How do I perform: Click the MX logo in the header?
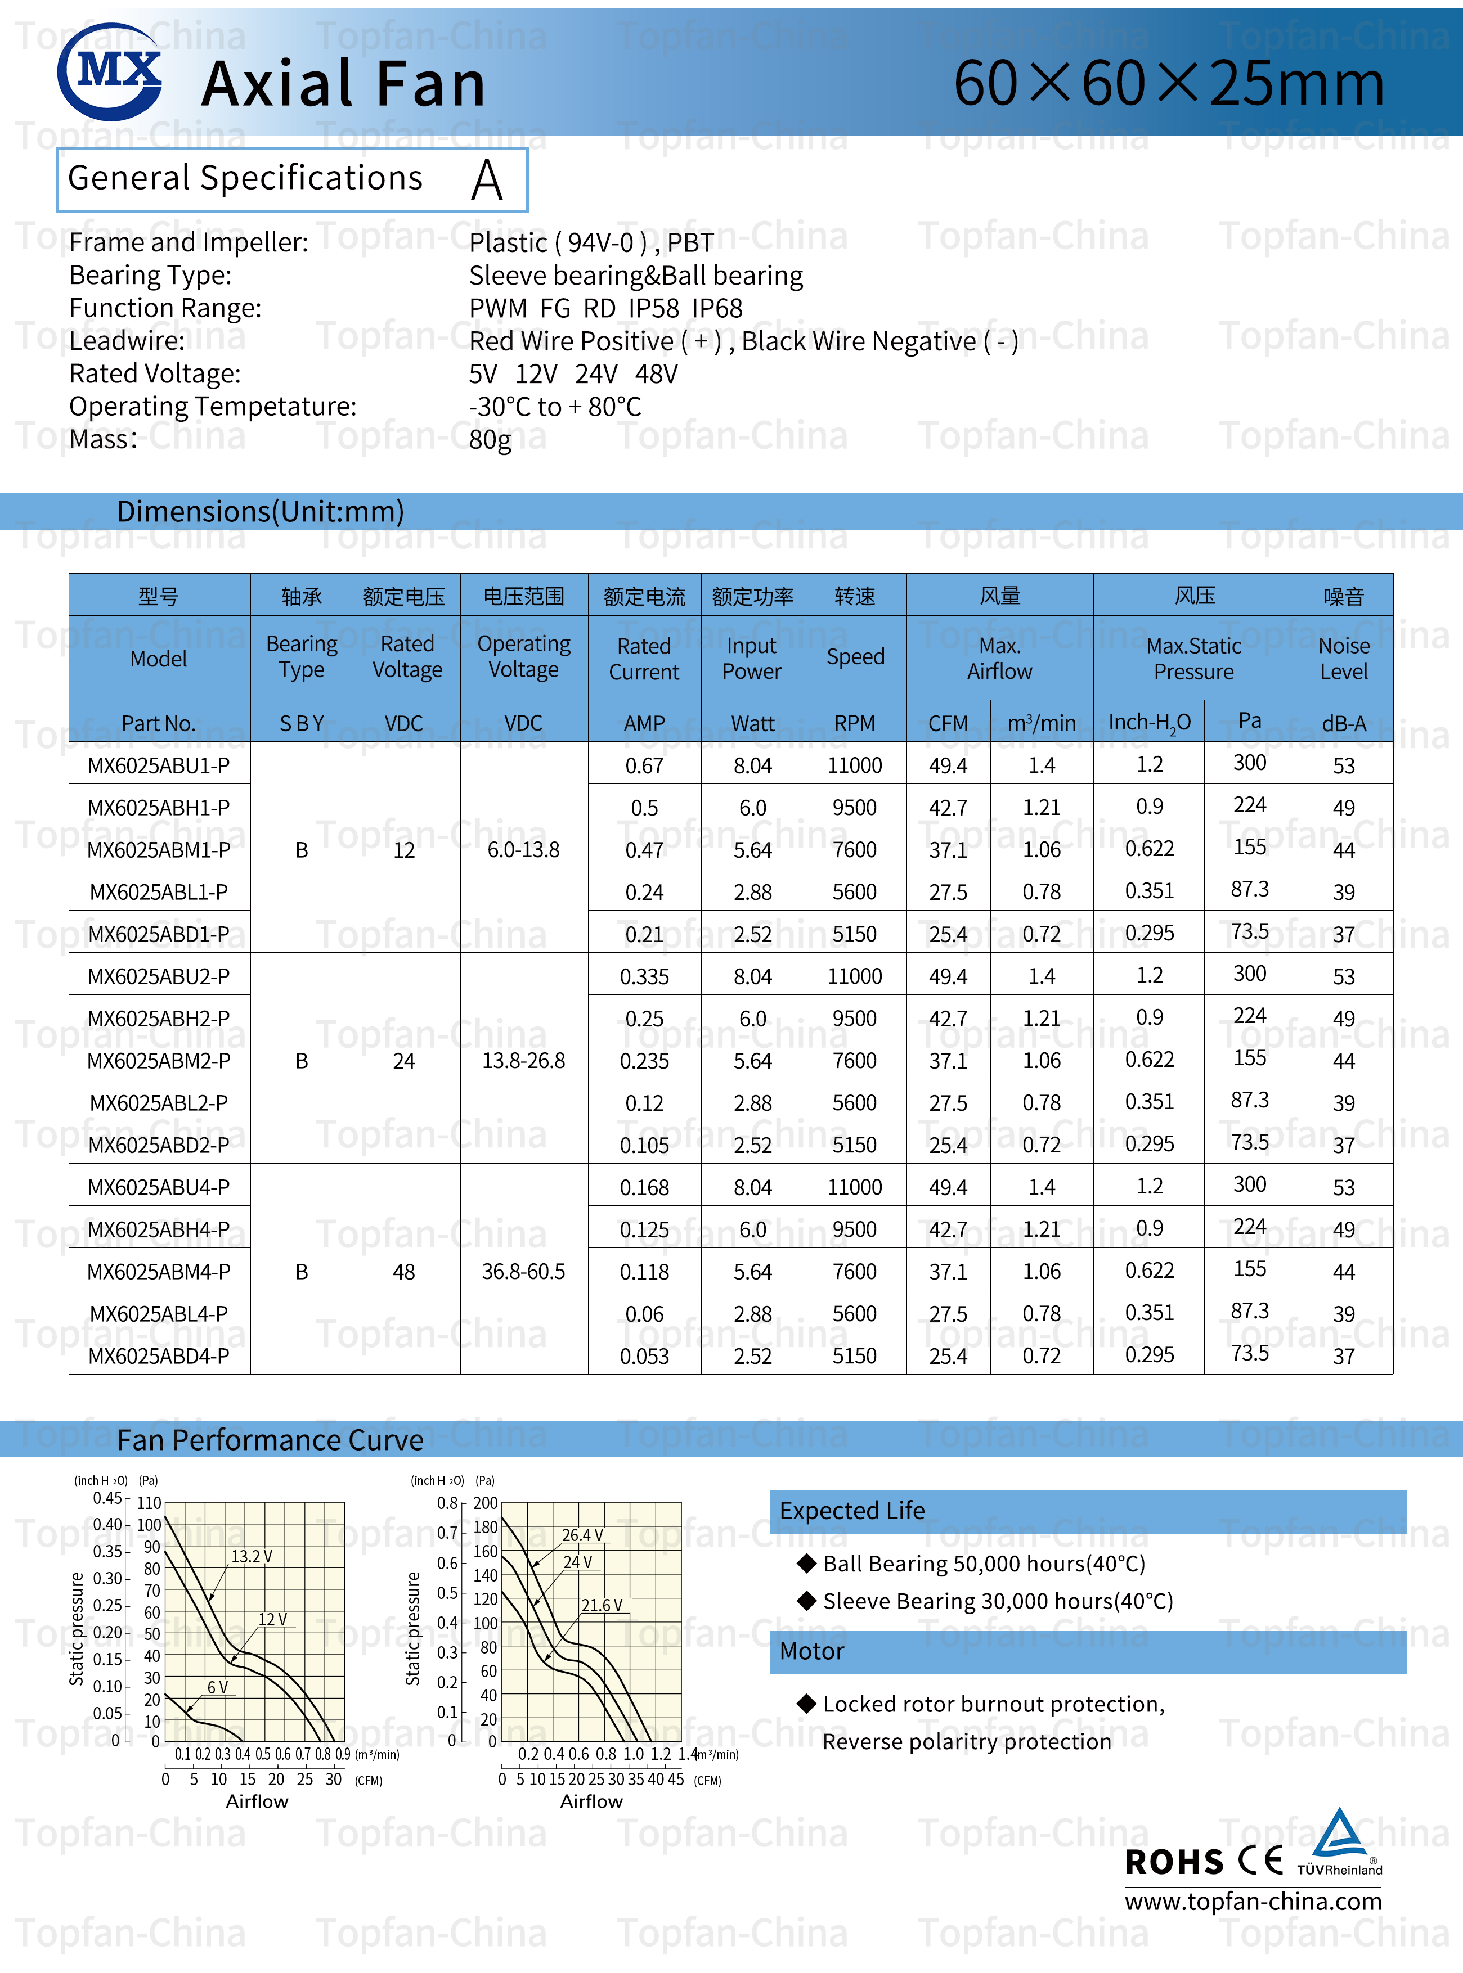pos(110,73)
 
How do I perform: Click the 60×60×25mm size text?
pos(1168,84)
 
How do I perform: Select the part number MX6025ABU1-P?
pos(159,765)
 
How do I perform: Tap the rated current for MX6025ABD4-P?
pos(644,1356)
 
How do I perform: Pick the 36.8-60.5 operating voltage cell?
pos(523,1272)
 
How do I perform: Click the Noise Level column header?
pos(1344,659)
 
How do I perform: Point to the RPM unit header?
pos(855,723)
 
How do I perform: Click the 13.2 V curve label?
pos(252,1557)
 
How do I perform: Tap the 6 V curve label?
pos(217,1687)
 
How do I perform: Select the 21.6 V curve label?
pos(602,1606)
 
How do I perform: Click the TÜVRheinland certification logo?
pos(1339,1843)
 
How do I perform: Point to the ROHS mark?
pos(1173,1862)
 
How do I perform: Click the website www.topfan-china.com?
pos(1252,1902)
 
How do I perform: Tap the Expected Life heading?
pos(852,1511)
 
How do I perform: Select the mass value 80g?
pos(490,440)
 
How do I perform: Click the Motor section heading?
pos(812,1652)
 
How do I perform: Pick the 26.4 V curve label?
pos(582,1535)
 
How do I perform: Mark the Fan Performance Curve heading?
pos(270,1440)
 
